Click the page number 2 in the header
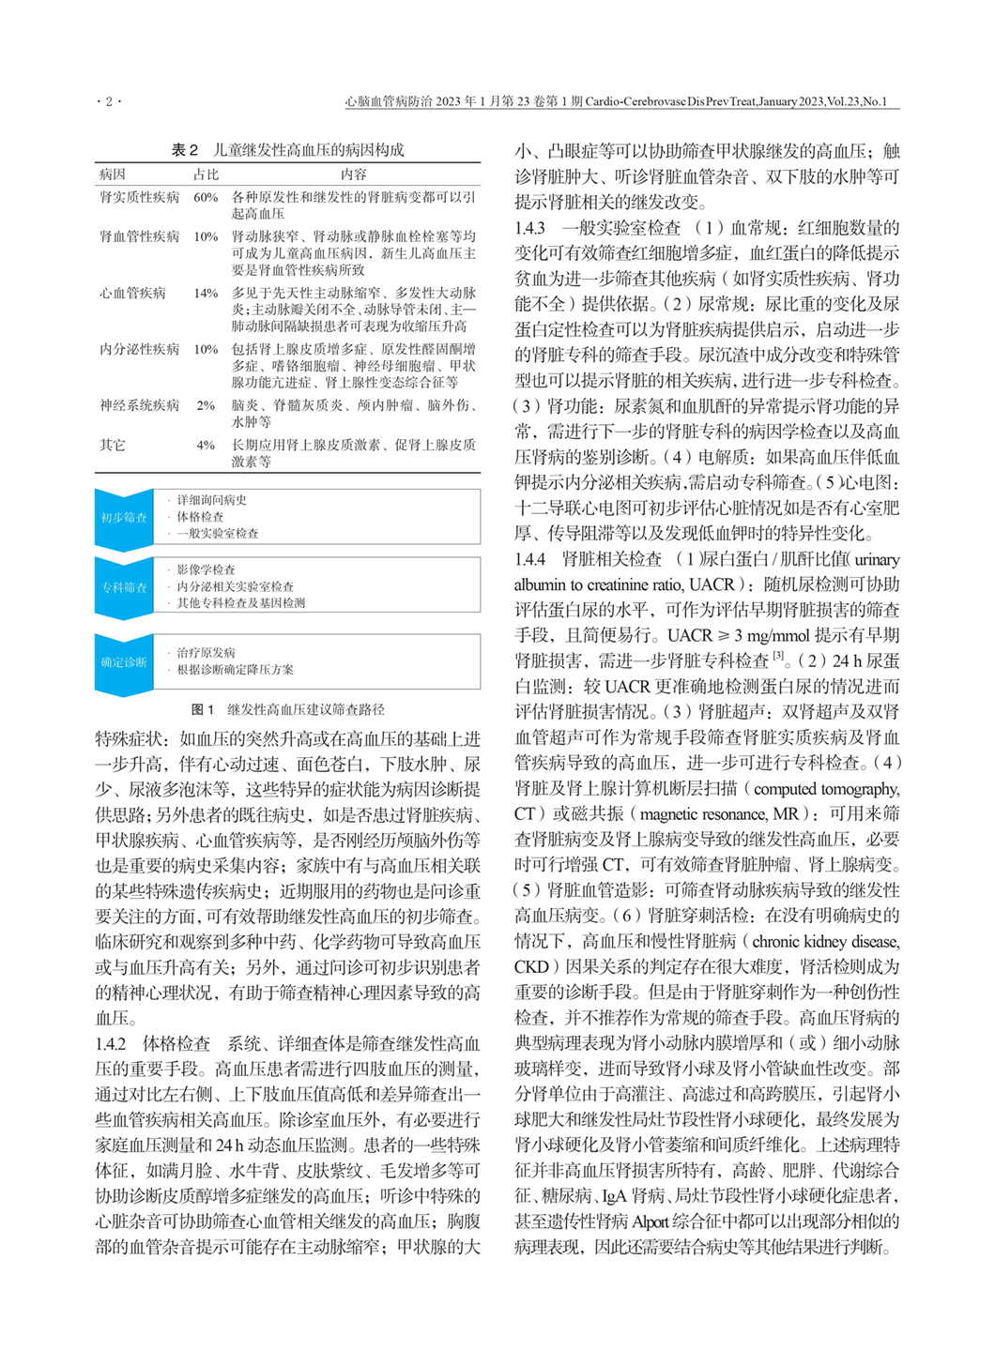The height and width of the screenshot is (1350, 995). [x=108, y=101]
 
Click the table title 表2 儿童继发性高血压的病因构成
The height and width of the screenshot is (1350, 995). [x=287, y=149]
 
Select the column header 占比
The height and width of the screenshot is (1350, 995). [x=206, y=174]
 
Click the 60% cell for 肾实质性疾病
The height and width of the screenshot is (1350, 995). [x=206, y=198]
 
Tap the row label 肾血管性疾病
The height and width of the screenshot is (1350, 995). [x=139, y=236]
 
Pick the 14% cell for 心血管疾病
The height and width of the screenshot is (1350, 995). [x=206, y=293]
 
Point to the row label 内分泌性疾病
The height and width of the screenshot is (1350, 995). [x=139, y=349]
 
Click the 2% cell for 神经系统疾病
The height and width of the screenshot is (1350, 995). [x=206, y=405]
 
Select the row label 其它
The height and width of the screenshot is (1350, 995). [x=113, y=445]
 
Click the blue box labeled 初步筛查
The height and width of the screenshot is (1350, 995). [x=124, y=517]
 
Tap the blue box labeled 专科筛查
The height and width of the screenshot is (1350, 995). [x=124, y=587]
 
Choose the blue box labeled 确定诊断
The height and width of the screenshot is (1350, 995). [x=124, y=662]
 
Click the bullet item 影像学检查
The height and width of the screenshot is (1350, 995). [x=206, y=569]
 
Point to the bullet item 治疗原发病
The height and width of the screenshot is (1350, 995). [x=206, y=652]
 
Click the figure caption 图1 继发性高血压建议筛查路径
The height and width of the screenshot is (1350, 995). [x=287, y=709]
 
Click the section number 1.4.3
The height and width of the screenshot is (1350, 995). [x=529, y=228]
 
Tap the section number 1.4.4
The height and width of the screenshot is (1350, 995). [x=529, y=559]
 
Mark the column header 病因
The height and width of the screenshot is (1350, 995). [x=113, y=174]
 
